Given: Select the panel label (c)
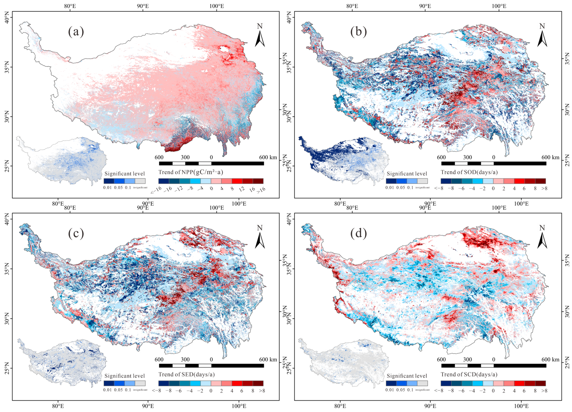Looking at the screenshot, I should [76, 234].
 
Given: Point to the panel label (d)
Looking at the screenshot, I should [358, 234].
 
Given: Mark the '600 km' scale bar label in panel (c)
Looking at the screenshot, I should [268, 360].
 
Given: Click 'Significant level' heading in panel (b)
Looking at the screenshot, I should [407, 174].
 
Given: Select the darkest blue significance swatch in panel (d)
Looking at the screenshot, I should [391, 383].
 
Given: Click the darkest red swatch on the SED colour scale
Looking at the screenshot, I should [258, 383].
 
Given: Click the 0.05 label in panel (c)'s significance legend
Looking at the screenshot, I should [118, 389].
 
